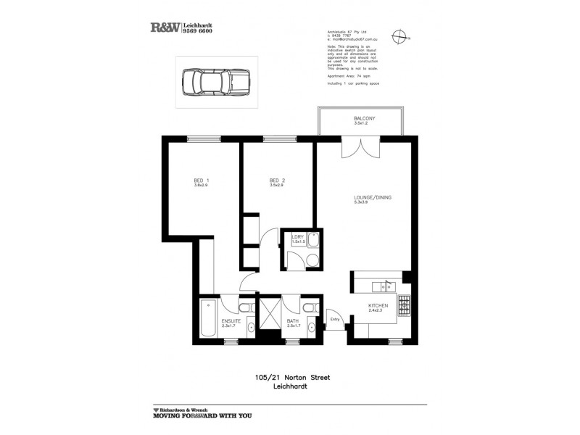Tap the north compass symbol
(399, 36)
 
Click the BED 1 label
(201, 181)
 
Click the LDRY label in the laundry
(297, 236)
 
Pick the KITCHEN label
(378, 306)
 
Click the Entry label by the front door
(335, 319)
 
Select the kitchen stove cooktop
(403, 307)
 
